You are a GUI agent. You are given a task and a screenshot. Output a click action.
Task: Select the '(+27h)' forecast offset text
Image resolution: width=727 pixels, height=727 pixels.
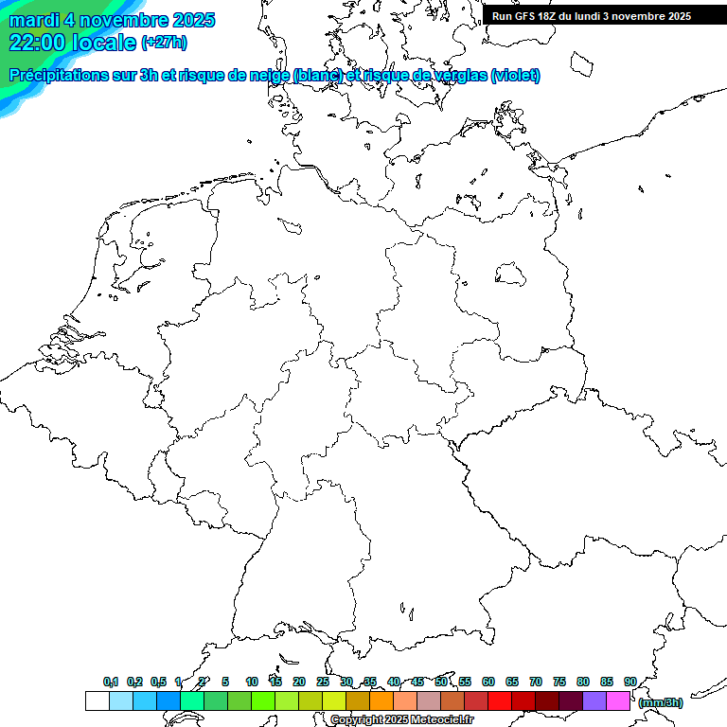tap(164, 42)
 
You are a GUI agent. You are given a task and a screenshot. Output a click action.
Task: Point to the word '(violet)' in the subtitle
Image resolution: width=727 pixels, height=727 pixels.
tap(515, 75)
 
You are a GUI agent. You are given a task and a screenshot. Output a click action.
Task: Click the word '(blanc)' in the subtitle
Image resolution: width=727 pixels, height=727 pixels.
tap(317, 75)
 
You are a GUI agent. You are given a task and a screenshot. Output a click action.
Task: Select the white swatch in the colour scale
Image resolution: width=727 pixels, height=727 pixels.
tap(97, 700)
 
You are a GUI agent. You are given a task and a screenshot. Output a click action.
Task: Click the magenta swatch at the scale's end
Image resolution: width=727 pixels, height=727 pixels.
tap(618, 700)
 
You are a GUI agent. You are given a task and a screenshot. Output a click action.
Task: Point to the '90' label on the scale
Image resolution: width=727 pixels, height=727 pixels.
tap(630, 682)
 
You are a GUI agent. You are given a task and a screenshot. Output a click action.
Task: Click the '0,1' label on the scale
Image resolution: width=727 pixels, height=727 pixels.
tap(111, 682)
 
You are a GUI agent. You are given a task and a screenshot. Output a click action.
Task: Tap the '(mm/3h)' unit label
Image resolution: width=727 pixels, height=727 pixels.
tap(660, 702)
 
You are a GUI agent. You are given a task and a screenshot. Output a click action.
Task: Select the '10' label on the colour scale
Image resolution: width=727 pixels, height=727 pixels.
tap(252, 682)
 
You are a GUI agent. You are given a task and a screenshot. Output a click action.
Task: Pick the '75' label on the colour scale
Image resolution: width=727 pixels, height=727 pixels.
tap(559, 682)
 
